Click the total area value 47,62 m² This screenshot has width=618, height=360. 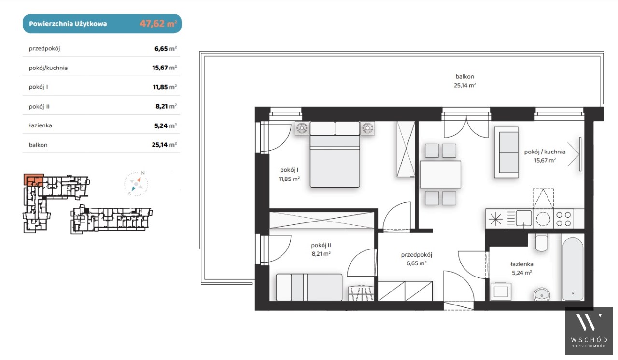(158, 24)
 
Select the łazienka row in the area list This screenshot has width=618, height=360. (101, 125)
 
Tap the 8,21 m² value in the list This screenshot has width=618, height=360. (166, 106)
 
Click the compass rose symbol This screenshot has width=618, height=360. (136, 183)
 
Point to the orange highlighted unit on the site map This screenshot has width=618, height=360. (34, 180)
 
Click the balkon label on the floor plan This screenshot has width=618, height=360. (464, 76)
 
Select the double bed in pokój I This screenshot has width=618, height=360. (335, 154)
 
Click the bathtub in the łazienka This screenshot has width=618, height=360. (573, 269)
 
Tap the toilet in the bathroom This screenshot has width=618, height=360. (541, 243)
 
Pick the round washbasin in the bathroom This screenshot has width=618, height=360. (542, 295)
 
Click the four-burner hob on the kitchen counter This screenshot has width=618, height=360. (563, 219)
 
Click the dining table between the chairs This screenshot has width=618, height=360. (440, 175)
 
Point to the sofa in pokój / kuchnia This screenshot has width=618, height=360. (506, 152)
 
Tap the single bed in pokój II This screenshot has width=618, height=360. (309, 287)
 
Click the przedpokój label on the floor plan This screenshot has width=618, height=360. (416, 255)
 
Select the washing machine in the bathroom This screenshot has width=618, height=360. (501, 291)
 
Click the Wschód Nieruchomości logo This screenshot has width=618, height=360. (589, 331)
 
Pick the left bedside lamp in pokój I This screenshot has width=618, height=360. (302, 128)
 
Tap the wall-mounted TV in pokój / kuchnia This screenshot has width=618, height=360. (580, 154)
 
